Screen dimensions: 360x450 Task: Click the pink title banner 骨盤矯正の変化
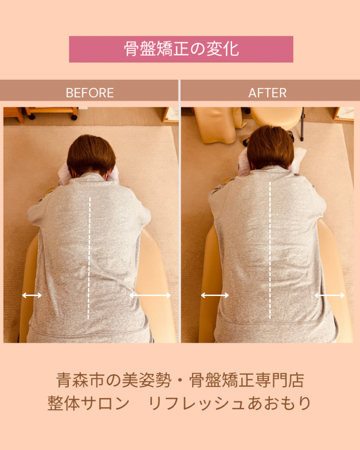(181, 49)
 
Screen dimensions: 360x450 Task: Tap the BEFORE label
(89, 93)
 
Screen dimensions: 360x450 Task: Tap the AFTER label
(267, 93)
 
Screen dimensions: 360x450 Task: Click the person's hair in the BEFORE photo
(91, 155)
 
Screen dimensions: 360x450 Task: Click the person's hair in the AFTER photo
(271, 146)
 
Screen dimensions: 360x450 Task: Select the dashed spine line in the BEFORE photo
(89, 258)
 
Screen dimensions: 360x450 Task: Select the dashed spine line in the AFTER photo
(270, 250)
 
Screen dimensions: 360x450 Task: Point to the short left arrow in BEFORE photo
(32, 295)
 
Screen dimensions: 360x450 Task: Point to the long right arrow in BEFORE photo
(150, 295)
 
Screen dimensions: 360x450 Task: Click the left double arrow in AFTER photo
(214, 295)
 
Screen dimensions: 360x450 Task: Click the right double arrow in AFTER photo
(330, 295)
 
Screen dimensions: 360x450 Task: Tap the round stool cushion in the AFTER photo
(276, 117)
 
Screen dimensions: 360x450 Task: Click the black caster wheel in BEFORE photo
(75, 117)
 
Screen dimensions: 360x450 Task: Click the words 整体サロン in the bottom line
(89, 403)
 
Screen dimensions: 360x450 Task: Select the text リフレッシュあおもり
(230, 403)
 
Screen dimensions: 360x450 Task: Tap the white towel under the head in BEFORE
(65, 174)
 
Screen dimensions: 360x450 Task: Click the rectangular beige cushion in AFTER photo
(219, 125)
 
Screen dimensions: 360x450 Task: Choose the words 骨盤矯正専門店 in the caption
(247, 380)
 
